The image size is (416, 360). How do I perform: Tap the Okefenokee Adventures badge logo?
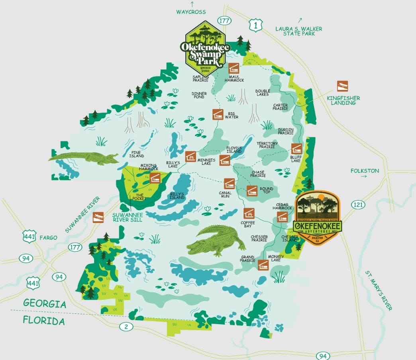pos(318,217)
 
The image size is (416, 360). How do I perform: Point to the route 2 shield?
pos(126,327)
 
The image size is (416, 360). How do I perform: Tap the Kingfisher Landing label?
pos(343,100)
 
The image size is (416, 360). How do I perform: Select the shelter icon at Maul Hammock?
pos(234,68)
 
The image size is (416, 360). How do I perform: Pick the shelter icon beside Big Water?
pos(218,114)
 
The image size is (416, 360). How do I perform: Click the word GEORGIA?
pos(45,304)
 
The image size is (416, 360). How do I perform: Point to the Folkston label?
pos(365,171)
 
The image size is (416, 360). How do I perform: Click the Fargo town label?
pos(49,238)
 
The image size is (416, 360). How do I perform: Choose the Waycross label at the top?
pos(191,12)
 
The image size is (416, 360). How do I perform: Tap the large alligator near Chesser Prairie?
pos(216,240)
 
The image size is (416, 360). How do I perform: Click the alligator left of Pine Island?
pos(83,158)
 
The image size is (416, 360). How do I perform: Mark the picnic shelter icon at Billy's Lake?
pos(190,156)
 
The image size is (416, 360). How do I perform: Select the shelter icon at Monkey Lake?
pos(263,264)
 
